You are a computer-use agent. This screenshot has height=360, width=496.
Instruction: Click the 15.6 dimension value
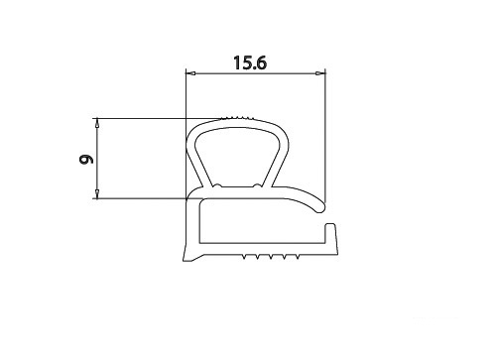point(250,62)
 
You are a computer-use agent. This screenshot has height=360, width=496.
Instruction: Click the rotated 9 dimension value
point(86,159)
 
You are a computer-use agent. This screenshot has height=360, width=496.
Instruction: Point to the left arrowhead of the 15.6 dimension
point(190,73)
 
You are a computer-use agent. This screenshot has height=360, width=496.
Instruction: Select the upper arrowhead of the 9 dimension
point(97,123)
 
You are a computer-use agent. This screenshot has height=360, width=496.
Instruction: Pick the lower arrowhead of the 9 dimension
point(97,194)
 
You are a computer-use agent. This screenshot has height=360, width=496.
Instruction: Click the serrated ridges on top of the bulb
point(236,118)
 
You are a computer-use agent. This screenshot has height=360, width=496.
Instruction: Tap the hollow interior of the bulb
point(237,157)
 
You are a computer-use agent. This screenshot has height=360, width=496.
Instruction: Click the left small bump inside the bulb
point(217,185)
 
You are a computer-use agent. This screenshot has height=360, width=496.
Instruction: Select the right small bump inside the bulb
point(258,185)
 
